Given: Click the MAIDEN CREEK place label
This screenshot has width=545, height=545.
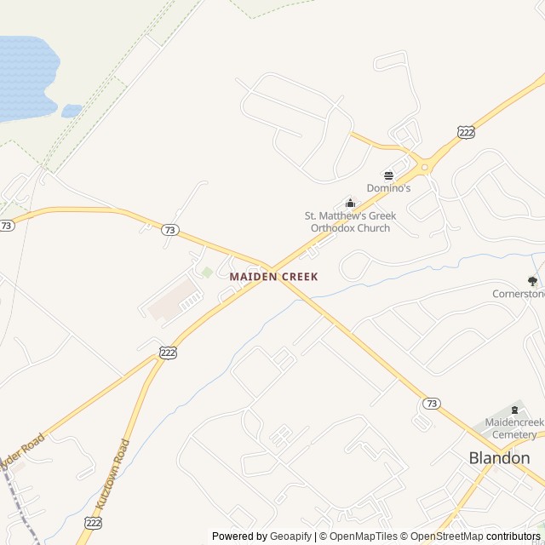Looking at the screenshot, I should (273, 277).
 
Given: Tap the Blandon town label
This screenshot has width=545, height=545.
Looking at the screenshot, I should (499, 458).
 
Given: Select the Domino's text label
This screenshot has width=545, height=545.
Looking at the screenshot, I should (388, 188).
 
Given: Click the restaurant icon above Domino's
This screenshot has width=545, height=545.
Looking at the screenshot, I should (388, 175).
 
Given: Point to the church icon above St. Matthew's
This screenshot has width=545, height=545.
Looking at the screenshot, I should (350, 203).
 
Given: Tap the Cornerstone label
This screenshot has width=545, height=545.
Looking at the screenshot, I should (518, 294).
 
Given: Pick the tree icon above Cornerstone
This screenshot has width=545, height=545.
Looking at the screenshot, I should (532, 280).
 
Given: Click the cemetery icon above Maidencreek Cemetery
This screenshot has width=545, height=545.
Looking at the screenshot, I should (513, 410).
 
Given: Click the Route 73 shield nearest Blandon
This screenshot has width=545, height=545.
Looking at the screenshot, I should (432, 403).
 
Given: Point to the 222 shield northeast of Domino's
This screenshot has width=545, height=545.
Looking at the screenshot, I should (465, 132).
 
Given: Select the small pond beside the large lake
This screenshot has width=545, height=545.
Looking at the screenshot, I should (72, 111).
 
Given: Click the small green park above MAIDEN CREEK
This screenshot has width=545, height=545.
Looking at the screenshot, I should (207, 272).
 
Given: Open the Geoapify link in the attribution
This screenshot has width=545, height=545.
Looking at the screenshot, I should (290, 536).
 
